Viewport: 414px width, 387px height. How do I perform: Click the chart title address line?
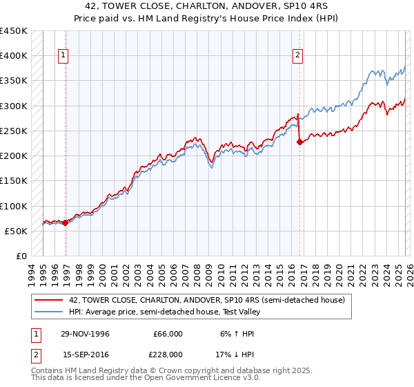tap(207, 6)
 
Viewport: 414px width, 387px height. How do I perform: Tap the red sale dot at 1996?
tap(66, 223)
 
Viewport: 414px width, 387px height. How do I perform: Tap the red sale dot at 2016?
tap(299, 142)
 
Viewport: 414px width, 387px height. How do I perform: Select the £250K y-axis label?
tap(14, 131)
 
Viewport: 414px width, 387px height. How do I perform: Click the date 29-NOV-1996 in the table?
tap(84, 334)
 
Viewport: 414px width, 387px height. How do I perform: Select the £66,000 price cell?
tap(168, 334)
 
